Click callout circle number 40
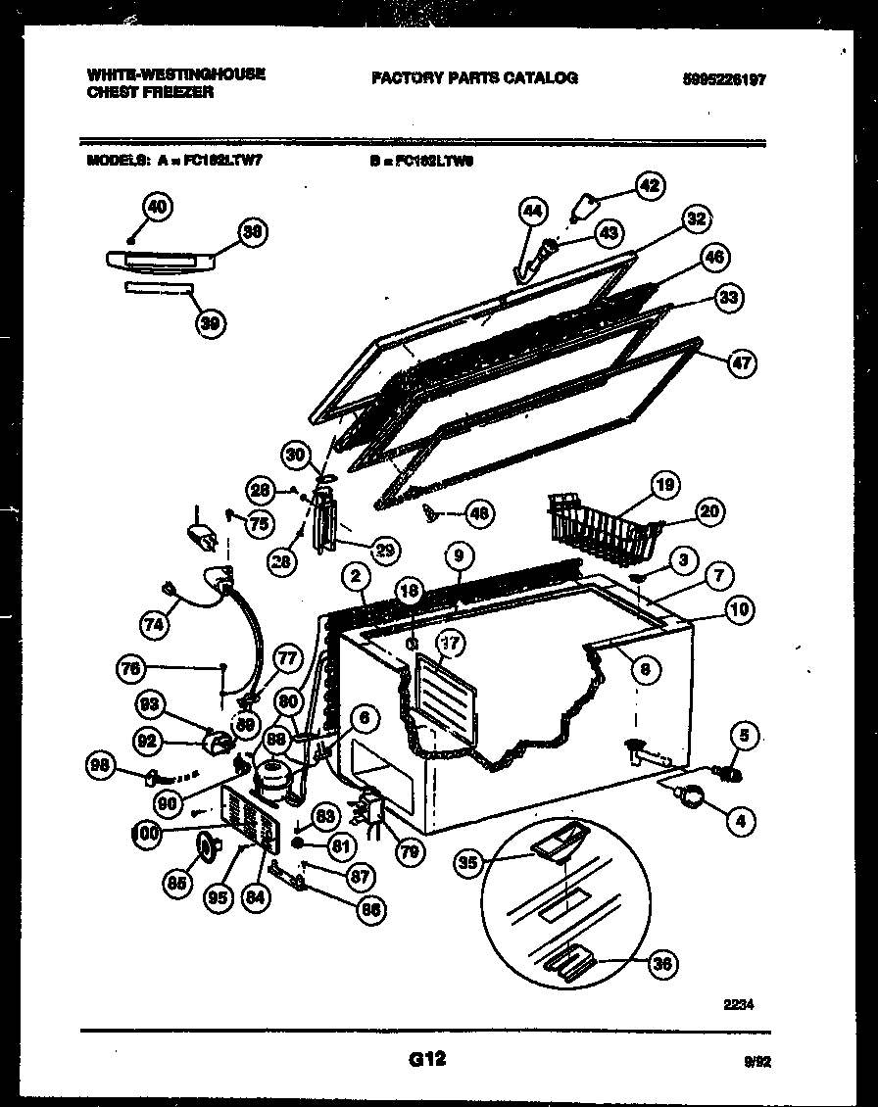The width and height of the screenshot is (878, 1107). point(157,207)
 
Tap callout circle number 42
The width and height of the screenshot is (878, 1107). point(649,186)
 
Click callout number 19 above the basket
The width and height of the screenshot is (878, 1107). point(665,485)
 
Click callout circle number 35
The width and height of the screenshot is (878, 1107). point(469,862)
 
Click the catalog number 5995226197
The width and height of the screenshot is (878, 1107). point(723,80)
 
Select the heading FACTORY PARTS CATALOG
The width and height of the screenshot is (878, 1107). point(474,77)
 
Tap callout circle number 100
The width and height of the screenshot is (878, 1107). point(147,834)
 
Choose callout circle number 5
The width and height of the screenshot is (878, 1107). point(745,735)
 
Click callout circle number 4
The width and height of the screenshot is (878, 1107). point(742,822)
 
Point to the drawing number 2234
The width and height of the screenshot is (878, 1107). point(740,1004)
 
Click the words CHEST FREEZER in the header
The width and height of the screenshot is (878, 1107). point(150,92)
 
